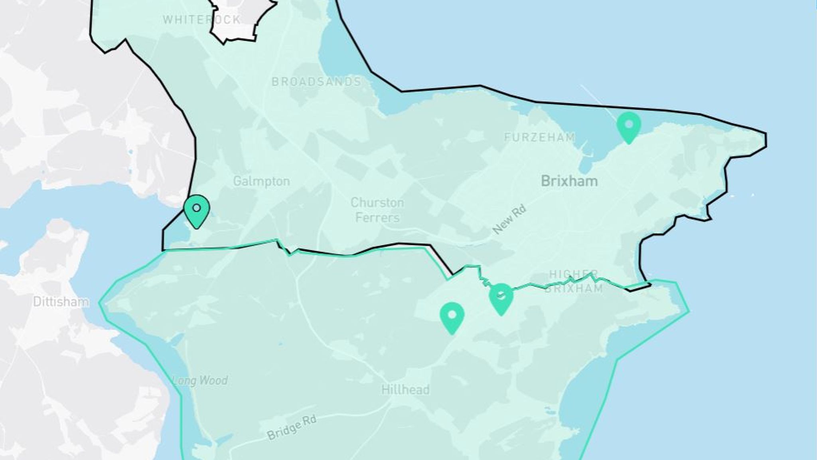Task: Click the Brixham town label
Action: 569,181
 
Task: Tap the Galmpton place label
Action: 261,181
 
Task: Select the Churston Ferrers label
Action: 377,210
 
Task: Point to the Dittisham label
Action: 61,301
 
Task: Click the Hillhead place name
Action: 405,389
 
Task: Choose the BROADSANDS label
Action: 316,82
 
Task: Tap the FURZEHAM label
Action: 539,137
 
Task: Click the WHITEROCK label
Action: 202,20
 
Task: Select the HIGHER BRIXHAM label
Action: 574,281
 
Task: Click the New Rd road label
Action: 509,219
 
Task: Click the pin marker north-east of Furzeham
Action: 629,126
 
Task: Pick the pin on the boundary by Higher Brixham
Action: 501,298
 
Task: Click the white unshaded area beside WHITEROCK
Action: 239,20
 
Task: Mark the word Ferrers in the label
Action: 377,218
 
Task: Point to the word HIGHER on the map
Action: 574,274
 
